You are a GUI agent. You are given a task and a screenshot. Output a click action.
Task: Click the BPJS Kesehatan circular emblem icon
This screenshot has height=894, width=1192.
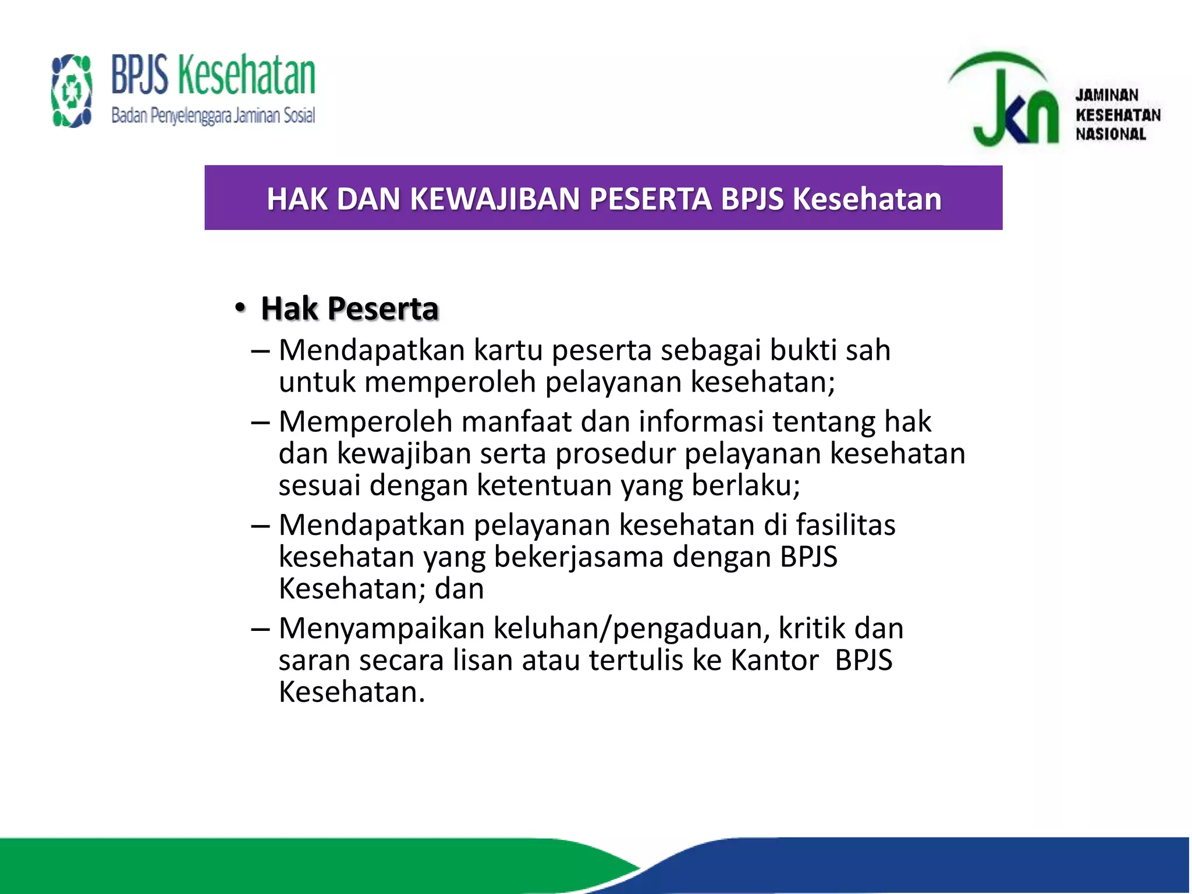coord(72,91)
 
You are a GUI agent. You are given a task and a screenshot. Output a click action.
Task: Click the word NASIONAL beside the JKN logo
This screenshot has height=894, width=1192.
coord(1111,134)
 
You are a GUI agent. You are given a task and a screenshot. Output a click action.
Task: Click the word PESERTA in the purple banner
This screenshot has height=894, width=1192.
coord(651,199)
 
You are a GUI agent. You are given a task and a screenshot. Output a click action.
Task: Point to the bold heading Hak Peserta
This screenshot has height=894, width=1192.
coord(349,308)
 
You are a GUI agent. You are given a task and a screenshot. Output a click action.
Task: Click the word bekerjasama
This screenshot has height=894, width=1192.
coord(579,557)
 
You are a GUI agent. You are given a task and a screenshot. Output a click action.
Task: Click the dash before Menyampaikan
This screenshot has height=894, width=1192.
coord(260,629)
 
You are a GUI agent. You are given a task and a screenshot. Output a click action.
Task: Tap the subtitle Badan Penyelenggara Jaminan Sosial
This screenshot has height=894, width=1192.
coord(213,116)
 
